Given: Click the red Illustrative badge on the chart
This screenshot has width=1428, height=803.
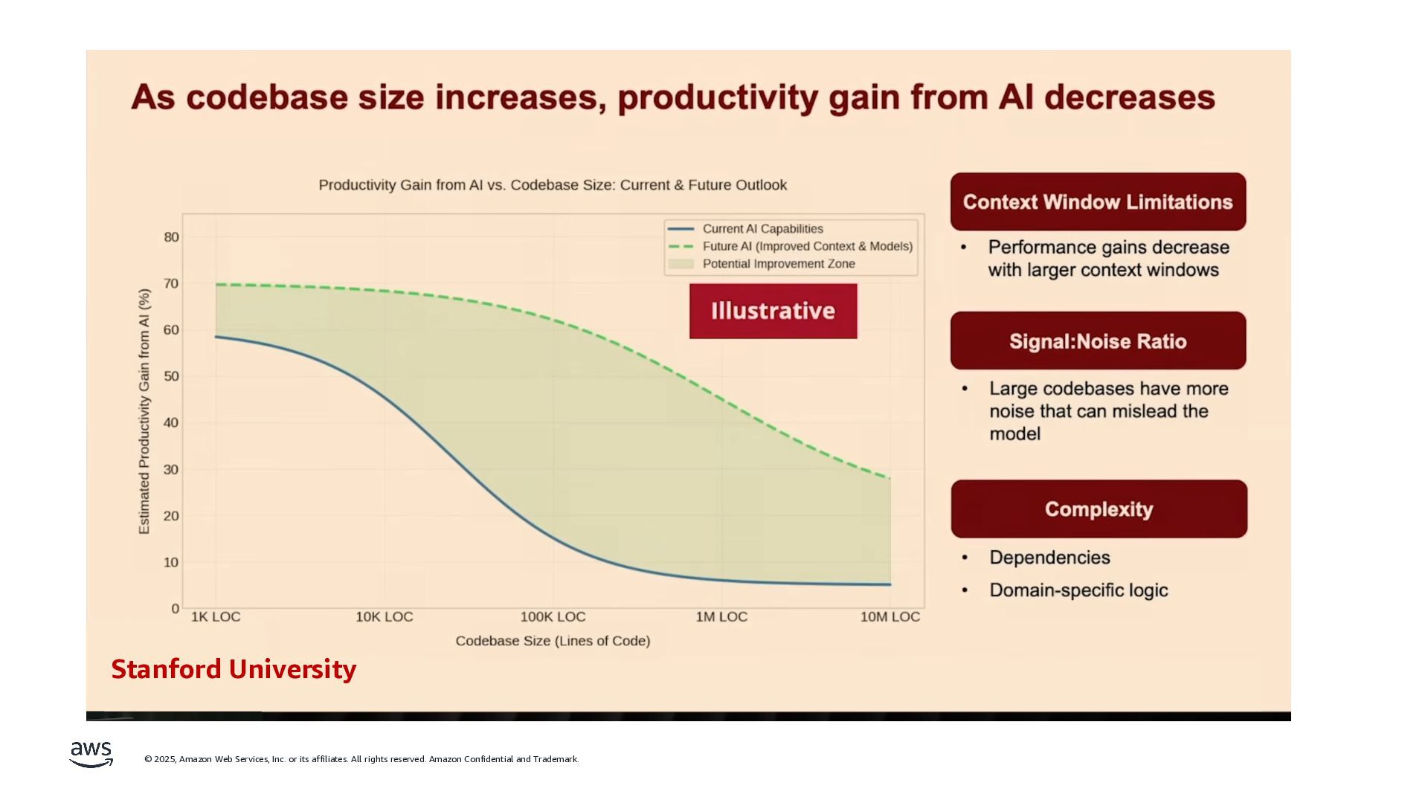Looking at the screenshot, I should tap(773, 311).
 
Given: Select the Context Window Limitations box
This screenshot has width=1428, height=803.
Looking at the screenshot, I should tap(1098, 201).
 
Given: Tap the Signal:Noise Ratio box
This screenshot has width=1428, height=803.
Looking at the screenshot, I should tap(1098, 341).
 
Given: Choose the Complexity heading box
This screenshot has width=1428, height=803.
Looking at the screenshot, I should tap(1099, 509).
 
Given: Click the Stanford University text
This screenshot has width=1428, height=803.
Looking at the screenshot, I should tap(234, 669).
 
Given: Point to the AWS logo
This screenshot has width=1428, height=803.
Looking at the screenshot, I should tap(91, 754).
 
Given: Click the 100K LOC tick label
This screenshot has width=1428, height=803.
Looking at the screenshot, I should tap(553, 617).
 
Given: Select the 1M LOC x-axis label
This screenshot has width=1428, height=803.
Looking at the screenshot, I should tap(721, 617).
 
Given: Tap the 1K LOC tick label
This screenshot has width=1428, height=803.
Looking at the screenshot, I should tap(216, 617).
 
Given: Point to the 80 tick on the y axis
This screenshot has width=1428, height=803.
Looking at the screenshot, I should tap(172, 237).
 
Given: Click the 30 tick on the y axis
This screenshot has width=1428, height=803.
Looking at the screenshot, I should tap(172, 469).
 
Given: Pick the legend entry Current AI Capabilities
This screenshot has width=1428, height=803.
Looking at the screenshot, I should tap(762, 229).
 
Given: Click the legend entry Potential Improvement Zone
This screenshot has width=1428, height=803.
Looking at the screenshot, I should tap(778, 264).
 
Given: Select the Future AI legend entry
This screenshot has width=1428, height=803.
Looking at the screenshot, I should tap(807, 246).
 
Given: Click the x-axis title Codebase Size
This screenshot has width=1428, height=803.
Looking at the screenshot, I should tap(553, 641).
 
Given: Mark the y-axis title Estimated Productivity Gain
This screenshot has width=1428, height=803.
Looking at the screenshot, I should tap(144, 411).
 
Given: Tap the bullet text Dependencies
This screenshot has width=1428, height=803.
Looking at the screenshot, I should tap(1049, 558).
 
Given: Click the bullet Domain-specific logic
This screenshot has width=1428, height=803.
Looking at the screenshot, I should tap(1078, 590).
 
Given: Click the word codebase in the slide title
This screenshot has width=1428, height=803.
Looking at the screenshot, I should tap(267, 97).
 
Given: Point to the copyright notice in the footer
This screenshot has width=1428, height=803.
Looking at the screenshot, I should tap(361, 759).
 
